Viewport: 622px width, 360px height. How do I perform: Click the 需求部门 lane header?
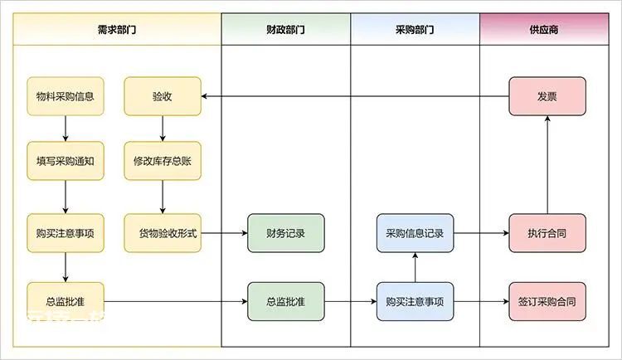tap(117, 29)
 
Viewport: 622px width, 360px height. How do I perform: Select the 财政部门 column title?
tap(285, 29)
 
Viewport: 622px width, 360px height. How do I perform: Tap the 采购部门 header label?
tap(415, 29)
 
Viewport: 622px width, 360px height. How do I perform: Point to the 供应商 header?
tap(544, 29)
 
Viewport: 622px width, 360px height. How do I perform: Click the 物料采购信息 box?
tap(66, 96)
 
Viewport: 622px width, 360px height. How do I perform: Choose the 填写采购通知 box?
tap(66, 161)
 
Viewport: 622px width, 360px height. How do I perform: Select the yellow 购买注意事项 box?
tap(66, 233)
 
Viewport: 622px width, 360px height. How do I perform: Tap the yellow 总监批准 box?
tap(66, 301)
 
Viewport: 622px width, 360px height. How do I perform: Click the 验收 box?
tap(163, 96)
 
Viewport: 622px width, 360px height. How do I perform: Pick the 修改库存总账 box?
tap(163, 161)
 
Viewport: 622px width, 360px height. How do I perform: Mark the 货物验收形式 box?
tap(163, 233)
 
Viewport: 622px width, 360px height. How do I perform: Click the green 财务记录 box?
tap(286, 233)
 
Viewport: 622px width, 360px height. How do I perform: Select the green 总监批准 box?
tap(286, 301)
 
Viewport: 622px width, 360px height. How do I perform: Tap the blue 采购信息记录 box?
tap(415, 233)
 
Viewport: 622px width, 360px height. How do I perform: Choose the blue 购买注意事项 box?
tap(415, 301)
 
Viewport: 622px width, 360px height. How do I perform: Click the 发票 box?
tap(547, 96)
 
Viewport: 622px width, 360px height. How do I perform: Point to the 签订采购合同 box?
tap(547, 301)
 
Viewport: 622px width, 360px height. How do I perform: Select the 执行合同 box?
tap(547, 233)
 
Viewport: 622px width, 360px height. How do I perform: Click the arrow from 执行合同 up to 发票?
tap(547, 165)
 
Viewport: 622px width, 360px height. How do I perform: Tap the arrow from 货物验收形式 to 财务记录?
tap(224, 233)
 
